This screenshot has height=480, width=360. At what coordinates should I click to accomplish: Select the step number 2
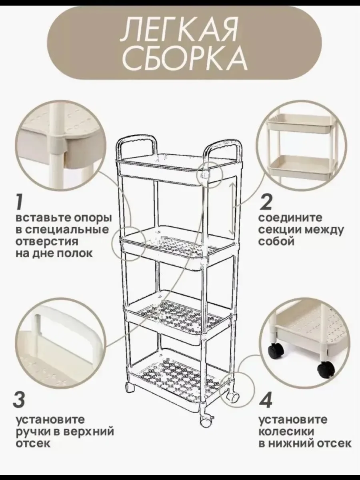[265, 202]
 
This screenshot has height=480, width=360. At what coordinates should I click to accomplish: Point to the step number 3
[19, 399]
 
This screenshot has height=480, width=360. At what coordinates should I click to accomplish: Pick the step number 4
[266, 400]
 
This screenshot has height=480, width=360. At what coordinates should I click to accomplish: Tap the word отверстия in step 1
[47, 242]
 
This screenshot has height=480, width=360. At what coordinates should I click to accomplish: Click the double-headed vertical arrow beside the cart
[232, 209]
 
